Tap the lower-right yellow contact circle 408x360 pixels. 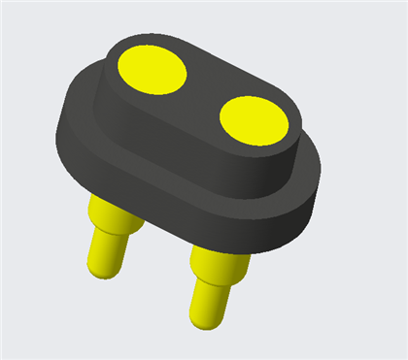(x=254, y=119)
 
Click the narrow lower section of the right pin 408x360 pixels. (x=208, y=300)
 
